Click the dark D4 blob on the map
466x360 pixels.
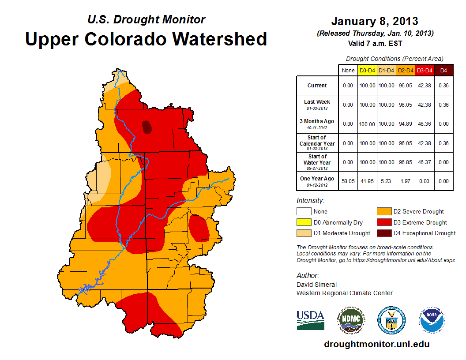tap(147, 127)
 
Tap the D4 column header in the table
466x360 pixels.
tap(444, 70)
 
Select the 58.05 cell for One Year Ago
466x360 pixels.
tap(348, 181)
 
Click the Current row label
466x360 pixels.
tap(317, 86)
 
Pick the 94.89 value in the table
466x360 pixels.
tap(406, 124)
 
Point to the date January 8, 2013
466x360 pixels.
tap(374, 21)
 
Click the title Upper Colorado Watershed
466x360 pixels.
tap(146, 39)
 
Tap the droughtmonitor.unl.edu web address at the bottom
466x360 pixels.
tap(376, 344)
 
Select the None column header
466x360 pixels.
tap(348, 70)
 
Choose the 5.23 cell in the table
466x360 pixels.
tap(386, 181)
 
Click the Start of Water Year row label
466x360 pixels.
tap(317, 162)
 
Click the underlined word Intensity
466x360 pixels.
tap(310, 200)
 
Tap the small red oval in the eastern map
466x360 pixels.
tap(199, 228)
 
